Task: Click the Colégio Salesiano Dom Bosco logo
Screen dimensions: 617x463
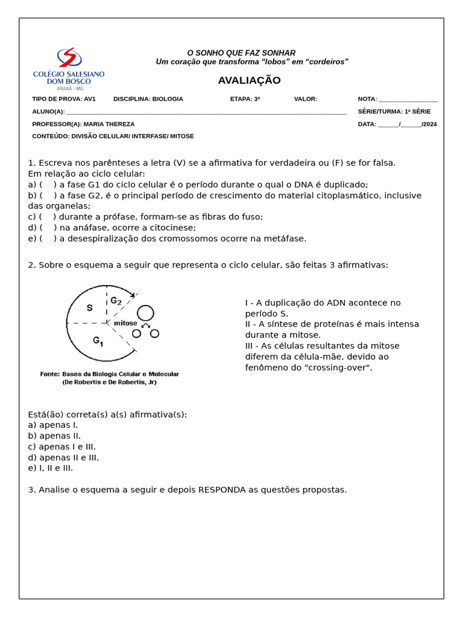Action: click(x=68, y=69)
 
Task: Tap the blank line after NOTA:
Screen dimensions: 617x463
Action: click(x=408, y=99)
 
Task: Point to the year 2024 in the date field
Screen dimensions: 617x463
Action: click(x=430, y=124)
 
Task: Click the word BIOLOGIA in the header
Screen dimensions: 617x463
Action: click(x=168, y=99)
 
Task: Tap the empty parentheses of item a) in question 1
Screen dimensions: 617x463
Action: click(x=48, y=185)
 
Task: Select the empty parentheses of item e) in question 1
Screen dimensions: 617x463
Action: click(x=48, y=239)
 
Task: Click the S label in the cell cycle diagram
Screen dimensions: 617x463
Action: click(x=90, y=308)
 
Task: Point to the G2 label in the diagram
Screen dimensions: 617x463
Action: click(x=116, y=301)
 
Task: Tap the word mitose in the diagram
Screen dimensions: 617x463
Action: click(x=125, y=323)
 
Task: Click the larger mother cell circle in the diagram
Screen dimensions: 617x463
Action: click(x=145, y=313)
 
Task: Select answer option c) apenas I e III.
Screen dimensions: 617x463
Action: click(x=62, y=446)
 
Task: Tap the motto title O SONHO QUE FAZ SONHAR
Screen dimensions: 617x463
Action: click(x=241, y=53)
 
